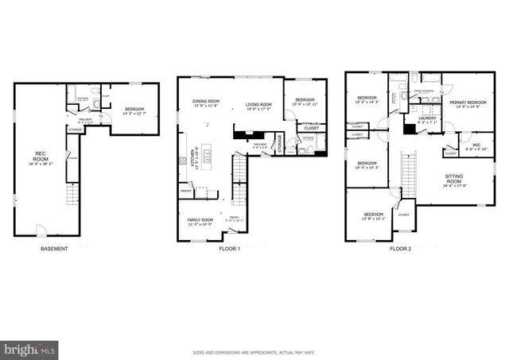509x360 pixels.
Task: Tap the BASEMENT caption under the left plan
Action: coord(53,249)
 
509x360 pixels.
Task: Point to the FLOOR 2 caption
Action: coord(400,249)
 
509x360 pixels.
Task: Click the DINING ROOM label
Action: coord(206,101)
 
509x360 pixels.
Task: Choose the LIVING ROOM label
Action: coord(258,104)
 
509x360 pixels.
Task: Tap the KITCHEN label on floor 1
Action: coord(192,162)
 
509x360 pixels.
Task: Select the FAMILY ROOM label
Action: coord(200,219)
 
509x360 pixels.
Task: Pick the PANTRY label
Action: coord(186,191)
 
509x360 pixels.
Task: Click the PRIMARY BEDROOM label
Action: coord(467,103)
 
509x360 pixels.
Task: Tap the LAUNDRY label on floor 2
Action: coord(427,119)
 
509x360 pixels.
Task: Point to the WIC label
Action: coord(476,145)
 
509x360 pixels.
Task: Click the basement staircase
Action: coord(73,192)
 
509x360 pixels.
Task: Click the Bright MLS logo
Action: coord(30,349)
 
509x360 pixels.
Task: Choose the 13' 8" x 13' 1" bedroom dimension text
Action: coord(374,219)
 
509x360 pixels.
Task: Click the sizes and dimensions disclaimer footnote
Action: coord(254,351)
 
